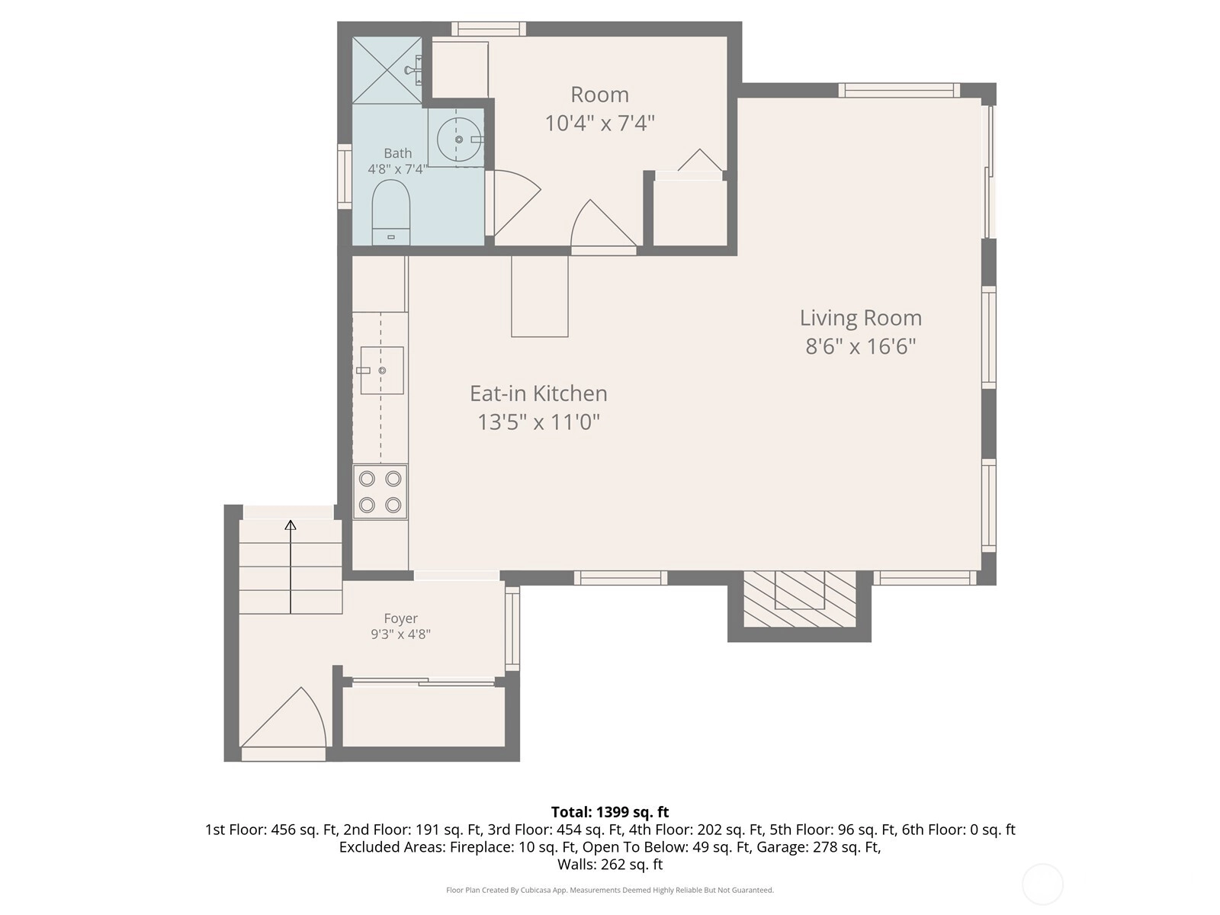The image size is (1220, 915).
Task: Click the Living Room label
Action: coord(860,318)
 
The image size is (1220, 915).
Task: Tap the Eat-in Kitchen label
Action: coord(538,394)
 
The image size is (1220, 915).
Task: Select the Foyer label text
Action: coord(401,618)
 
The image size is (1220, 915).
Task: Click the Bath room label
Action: coord(398,153)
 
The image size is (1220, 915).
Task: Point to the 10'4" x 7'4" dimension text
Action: coord(600,124)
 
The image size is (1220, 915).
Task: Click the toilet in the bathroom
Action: coord(390,212)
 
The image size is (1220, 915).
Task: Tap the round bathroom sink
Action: coord(459,139)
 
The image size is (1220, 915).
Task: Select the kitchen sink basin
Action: coord(382,371)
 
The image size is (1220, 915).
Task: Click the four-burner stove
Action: coord(380,493)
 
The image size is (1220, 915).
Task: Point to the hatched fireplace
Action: coord(800,599)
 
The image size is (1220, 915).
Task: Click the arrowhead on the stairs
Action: coord(291,525)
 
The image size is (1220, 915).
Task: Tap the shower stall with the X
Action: coord(387,70)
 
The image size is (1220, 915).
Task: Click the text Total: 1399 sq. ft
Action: coord(610,812)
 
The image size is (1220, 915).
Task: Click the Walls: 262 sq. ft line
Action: coord(610,865)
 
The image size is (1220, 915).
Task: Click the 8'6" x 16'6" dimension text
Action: coord(860,347)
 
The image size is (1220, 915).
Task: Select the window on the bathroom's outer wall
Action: coord(345,177)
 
